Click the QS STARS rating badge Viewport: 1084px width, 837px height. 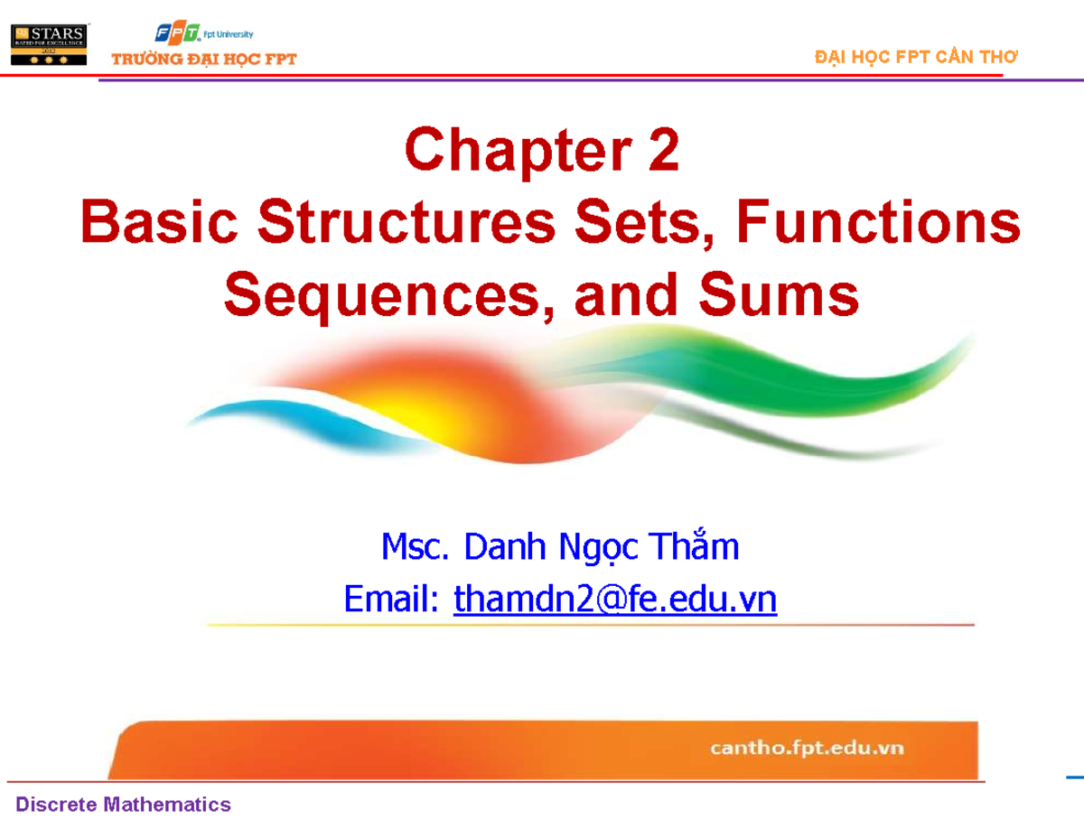coord(48,43)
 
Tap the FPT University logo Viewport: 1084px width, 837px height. coord(204,34)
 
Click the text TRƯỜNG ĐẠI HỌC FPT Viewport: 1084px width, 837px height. coord(203,60)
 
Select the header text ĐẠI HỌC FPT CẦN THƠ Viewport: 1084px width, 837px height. coord(915,57)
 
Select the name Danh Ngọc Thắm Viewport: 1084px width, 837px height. coord(600,547)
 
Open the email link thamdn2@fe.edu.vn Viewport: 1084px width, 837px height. coord(614,599)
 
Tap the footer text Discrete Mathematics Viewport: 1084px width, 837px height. coord(122,804)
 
